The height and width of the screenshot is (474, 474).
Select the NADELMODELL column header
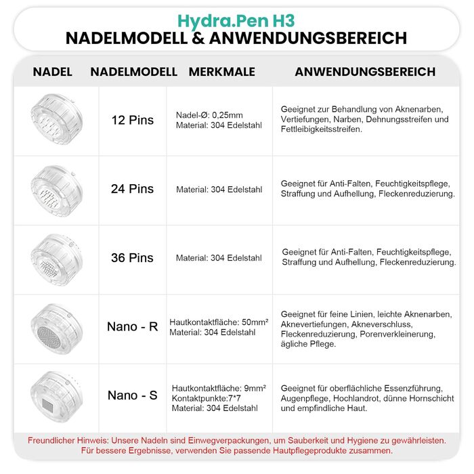point(134,72)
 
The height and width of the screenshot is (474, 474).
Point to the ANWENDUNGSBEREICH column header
point(365,72)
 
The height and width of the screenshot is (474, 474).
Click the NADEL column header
point(52,72)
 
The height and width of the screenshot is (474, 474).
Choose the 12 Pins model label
point(133,120)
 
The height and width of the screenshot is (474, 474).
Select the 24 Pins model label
point(133,189)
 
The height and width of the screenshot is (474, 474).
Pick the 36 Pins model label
point(133,257)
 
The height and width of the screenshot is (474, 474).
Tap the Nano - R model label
point(133,326)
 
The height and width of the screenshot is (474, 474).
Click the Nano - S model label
point(133,395)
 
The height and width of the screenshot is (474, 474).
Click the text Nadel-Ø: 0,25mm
point(209,115)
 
